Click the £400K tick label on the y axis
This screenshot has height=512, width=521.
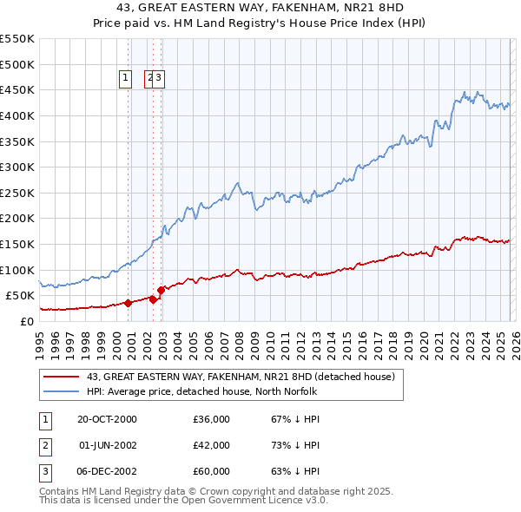pyautogui.click(x=16, y=115)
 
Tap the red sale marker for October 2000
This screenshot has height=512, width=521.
pyautogui.click(x=128, y=303)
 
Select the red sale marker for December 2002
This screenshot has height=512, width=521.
pyautogui.click(x=161, y=291)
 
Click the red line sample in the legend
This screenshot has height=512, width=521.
pyautogui.click(x=61, y=377)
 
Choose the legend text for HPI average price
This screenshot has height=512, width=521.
pyautogui.click(x=202, y=392)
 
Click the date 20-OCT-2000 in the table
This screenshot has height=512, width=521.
pyautogui.click(x=107, y=419)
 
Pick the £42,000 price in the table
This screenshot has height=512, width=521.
pyautogui.click(x=211, y=445)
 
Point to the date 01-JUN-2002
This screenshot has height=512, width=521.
pyautogui.click(x=108, y=445)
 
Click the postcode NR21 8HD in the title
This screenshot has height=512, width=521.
pyautogui.click(x=313, y=8)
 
